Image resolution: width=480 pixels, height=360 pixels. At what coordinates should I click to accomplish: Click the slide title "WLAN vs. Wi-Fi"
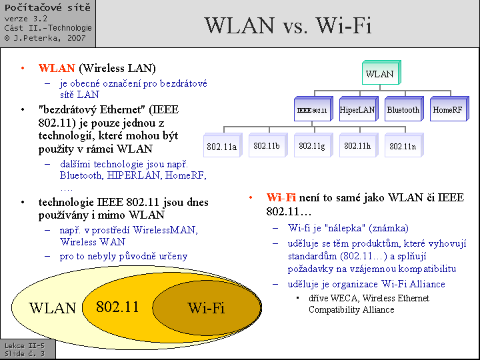(288, 25)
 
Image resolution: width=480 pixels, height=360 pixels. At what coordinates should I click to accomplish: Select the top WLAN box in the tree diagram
(380, 73)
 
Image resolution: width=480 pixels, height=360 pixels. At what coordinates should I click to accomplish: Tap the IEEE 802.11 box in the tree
(311, 109)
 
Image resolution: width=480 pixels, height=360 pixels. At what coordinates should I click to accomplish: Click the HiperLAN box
(357, 109)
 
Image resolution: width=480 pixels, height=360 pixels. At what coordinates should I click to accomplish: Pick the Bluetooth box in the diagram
(403, 109)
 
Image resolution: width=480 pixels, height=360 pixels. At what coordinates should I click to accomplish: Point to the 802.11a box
(221, 146)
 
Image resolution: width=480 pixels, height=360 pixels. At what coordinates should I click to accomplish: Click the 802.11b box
(267, 145)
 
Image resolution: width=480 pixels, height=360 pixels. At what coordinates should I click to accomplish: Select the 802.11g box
(312, 145)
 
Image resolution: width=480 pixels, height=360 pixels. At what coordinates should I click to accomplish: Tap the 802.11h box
(357, 145)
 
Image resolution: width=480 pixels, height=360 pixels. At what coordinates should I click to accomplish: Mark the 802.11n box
(403, 146)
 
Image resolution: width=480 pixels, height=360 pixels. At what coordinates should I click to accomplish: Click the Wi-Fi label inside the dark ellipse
(206, 308)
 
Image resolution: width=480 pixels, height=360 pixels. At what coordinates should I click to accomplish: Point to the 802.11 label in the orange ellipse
(117, 307)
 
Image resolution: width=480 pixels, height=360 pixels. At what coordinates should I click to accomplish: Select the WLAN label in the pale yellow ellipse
(53, 308)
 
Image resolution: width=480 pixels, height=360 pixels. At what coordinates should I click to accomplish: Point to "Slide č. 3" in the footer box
(25, 353)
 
